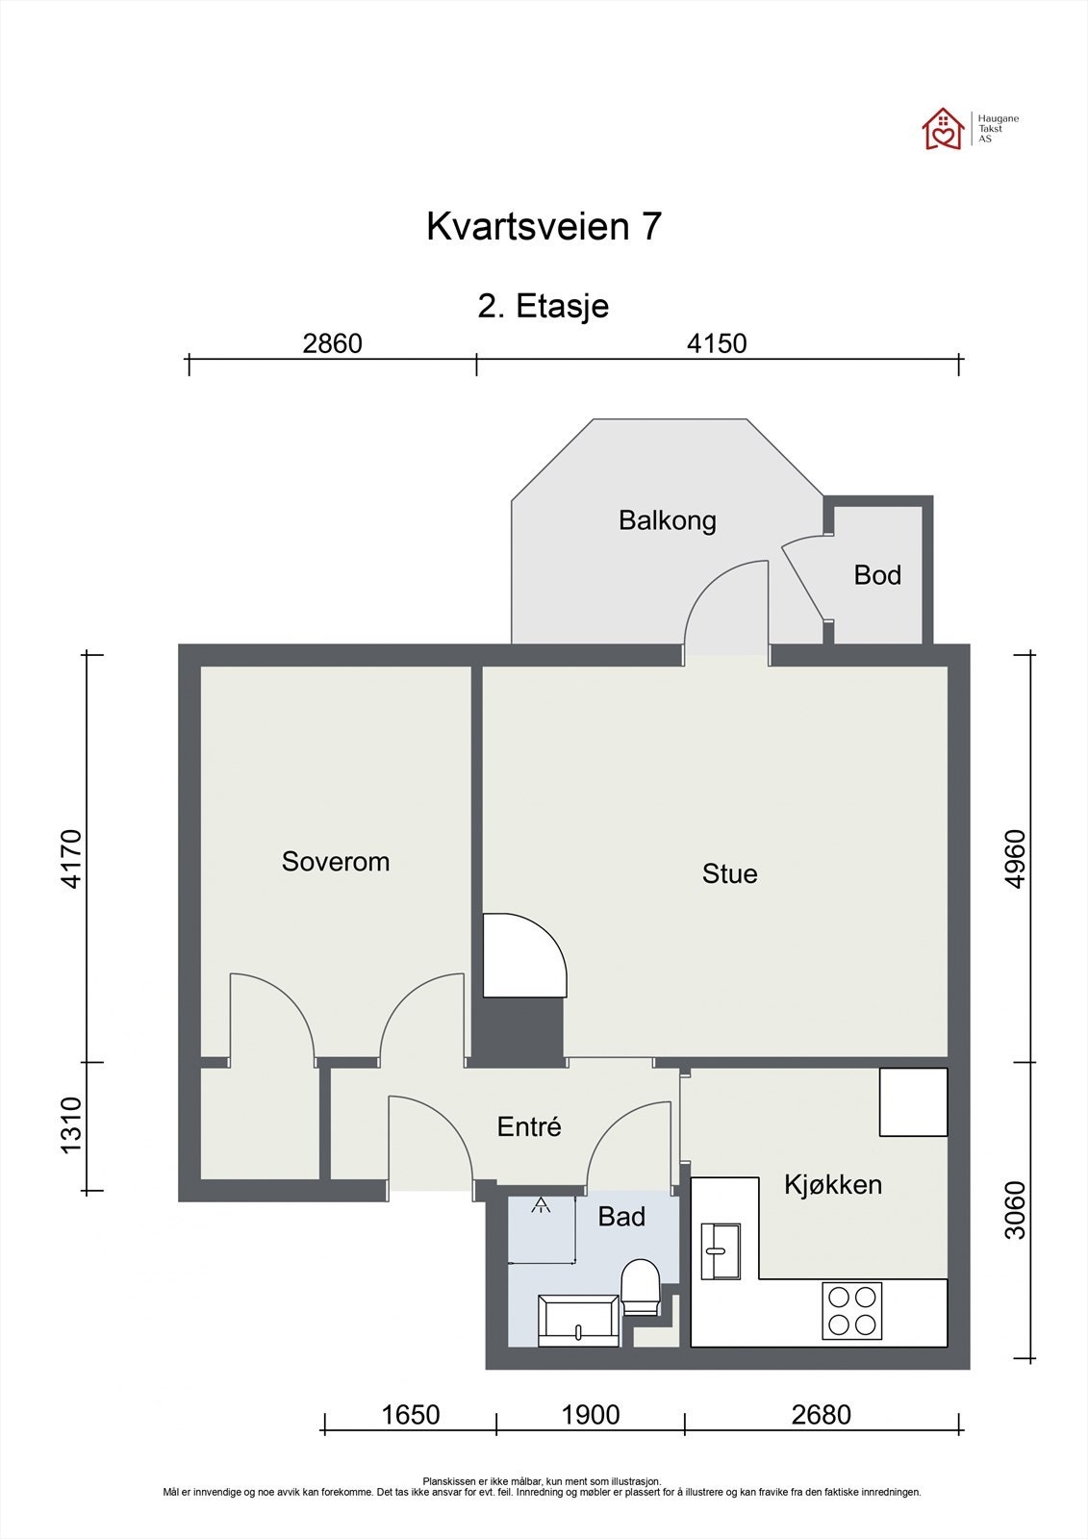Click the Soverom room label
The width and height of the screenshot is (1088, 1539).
click(x=336, y=862)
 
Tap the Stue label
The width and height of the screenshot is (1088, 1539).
click(x=729, y=874)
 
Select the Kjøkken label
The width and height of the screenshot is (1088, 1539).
click(x=833, y=1185)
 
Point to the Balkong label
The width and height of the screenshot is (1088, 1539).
click(x=668, y=521)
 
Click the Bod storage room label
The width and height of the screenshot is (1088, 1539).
click(x=877, y=575)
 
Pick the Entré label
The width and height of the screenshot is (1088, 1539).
click(x=529, y=1126)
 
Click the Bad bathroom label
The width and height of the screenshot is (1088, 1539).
click(x=621, y=1217)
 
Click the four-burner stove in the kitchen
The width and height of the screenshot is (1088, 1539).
click(x=852, y=1311)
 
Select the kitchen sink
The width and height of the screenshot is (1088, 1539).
click(x=721, y=1251)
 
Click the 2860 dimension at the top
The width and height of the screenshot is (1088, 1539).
click(x=333, y=343)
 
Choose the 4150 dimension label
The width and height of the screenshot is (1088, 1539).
click(x=717, y=343)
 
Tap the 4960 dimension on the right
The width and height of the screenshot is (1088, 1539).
click(x=1015, y=859)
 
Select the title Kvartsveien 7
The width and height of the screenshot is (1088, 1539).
click(x=544, y=226)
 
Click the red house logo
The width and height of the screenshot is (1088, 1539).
click(x=944, y=129)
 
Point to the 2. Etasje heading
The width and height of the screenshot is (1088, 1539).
click(x=543, y=306)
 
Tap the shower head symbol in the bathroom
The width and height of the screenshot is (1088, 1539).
click(x=541, y=1204)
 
